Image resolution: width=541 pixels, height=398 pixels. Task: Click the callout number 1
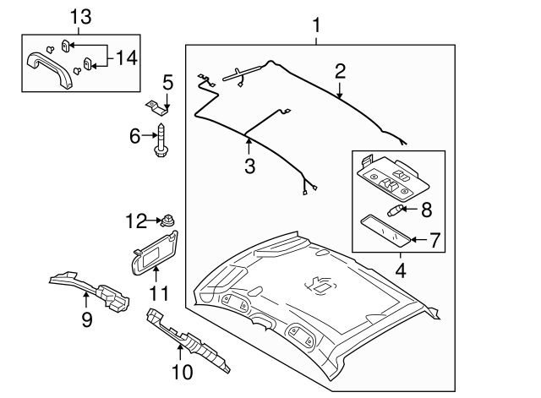[316, 26]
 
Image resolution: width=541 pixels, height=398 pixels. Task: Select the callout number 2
[340, 71]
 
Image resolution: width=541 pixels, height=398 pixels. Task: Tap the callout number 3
[250, 166]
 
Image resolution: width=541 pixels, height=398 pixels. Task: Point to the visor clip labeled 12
[169, 222]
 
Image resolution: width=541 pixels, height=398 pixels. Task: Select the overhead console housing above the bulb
[389, 178]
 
